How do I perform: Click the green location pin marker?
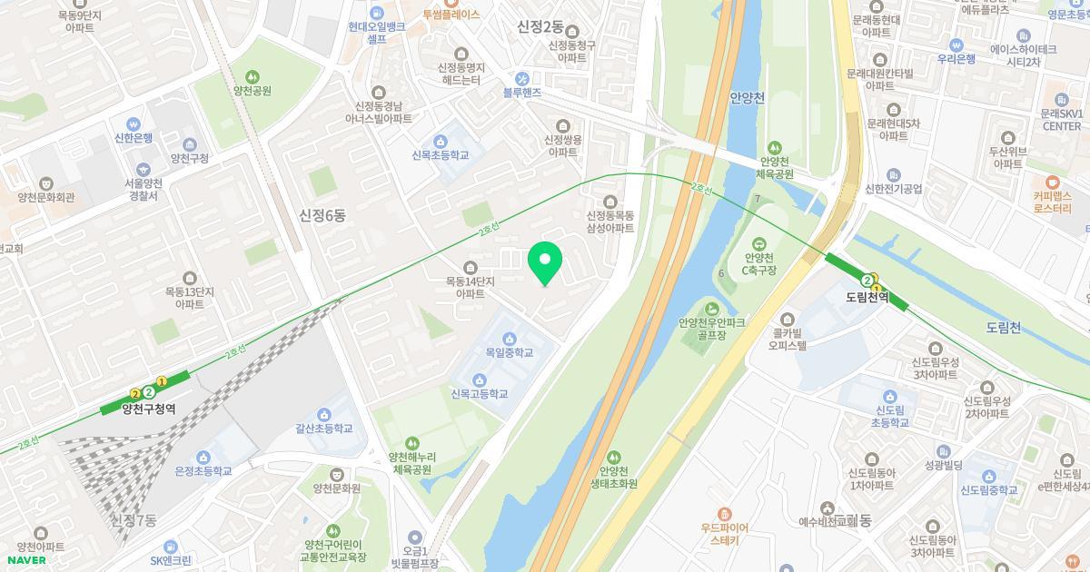[x=545, y=263]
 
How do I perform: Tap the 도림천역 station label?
[x=866, y=297]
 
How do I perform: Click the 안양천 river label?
[x=748, y=97]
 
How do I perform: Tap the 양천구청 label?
[x=189, y=158]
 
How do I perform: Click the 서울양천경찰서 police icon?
[x=142, y=170]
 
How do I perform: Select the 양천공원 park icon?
[x=252, y=76]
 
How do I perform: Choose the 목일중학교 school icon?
[x=509, y=338]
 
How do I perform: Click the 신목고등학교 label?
[x=479, y=394]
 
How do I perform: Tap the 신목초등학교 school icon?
[x=441, y=141]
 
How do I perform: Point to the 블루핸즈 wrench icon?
[x=521, y=78]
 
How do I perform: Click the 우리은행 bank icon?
[x=956, y=44]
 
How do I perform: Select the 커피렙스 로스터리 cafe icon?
[x=1053, y=182]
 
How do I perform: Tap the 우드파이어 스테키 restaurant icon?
[x=724, y=514]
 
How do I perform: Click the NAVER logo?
[x=25, y=560]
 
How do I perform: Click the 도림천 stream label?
[x=1003, y=327]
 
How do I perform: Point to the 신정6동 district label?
[x=322, y=215]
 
